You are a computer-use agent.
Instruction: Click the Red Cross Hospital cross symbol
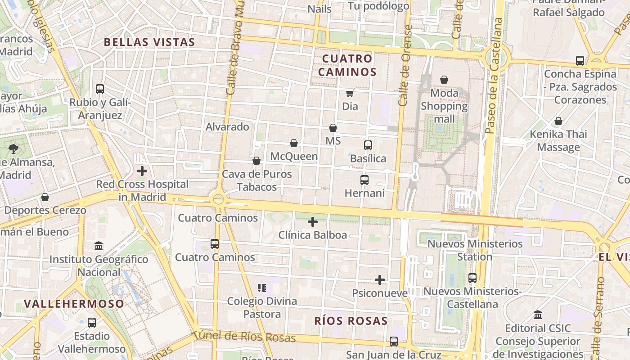click(x=142, y=171)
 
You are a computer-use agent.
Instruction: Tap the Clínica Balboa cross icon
click(x=313, y=222)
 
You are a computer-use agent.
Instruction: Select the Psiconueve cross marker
click(x=380, y=280)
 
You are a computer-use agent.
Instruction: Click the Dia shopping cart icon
click(x=350, y=93)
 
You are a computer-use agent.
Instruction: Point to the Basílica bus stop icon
click(x=368, y=145)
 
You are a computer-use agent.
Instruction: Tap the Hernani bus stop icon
click(x=364, y=180)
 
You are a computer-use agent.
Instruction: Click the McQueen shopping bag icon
click(x=294, y=143)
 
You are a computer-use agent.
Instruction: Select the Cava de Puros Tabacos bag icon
click(x=256, y=161)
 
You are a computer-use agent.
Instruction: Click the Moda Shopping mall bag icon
click(x=444, y=80)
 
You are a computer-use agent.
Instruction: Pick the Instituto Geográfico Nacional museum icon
click(x=99, y=246)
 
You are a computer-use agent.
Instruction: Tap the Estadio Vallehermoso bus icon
click(x=92, y=323)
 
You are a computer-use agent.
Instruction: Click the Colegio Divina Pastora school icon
click(x=262, y=288)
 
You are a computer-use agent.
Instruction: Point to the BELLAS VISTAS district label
click(x=149, y=42)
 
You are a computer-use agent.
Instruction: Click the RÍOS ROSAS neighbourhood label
click(x=351, y=321)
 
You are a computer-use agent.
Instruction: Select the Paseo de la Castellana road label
click(x=495, y=76)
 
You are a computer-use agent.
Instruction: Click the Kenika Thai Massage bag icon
click(x=558, y=121)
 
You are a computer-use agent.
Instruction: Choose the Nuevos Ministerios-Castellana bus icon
click(x=472, y=278)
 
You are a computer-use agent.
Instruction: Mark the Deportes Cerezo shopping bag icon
click(x=45, y=197)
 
